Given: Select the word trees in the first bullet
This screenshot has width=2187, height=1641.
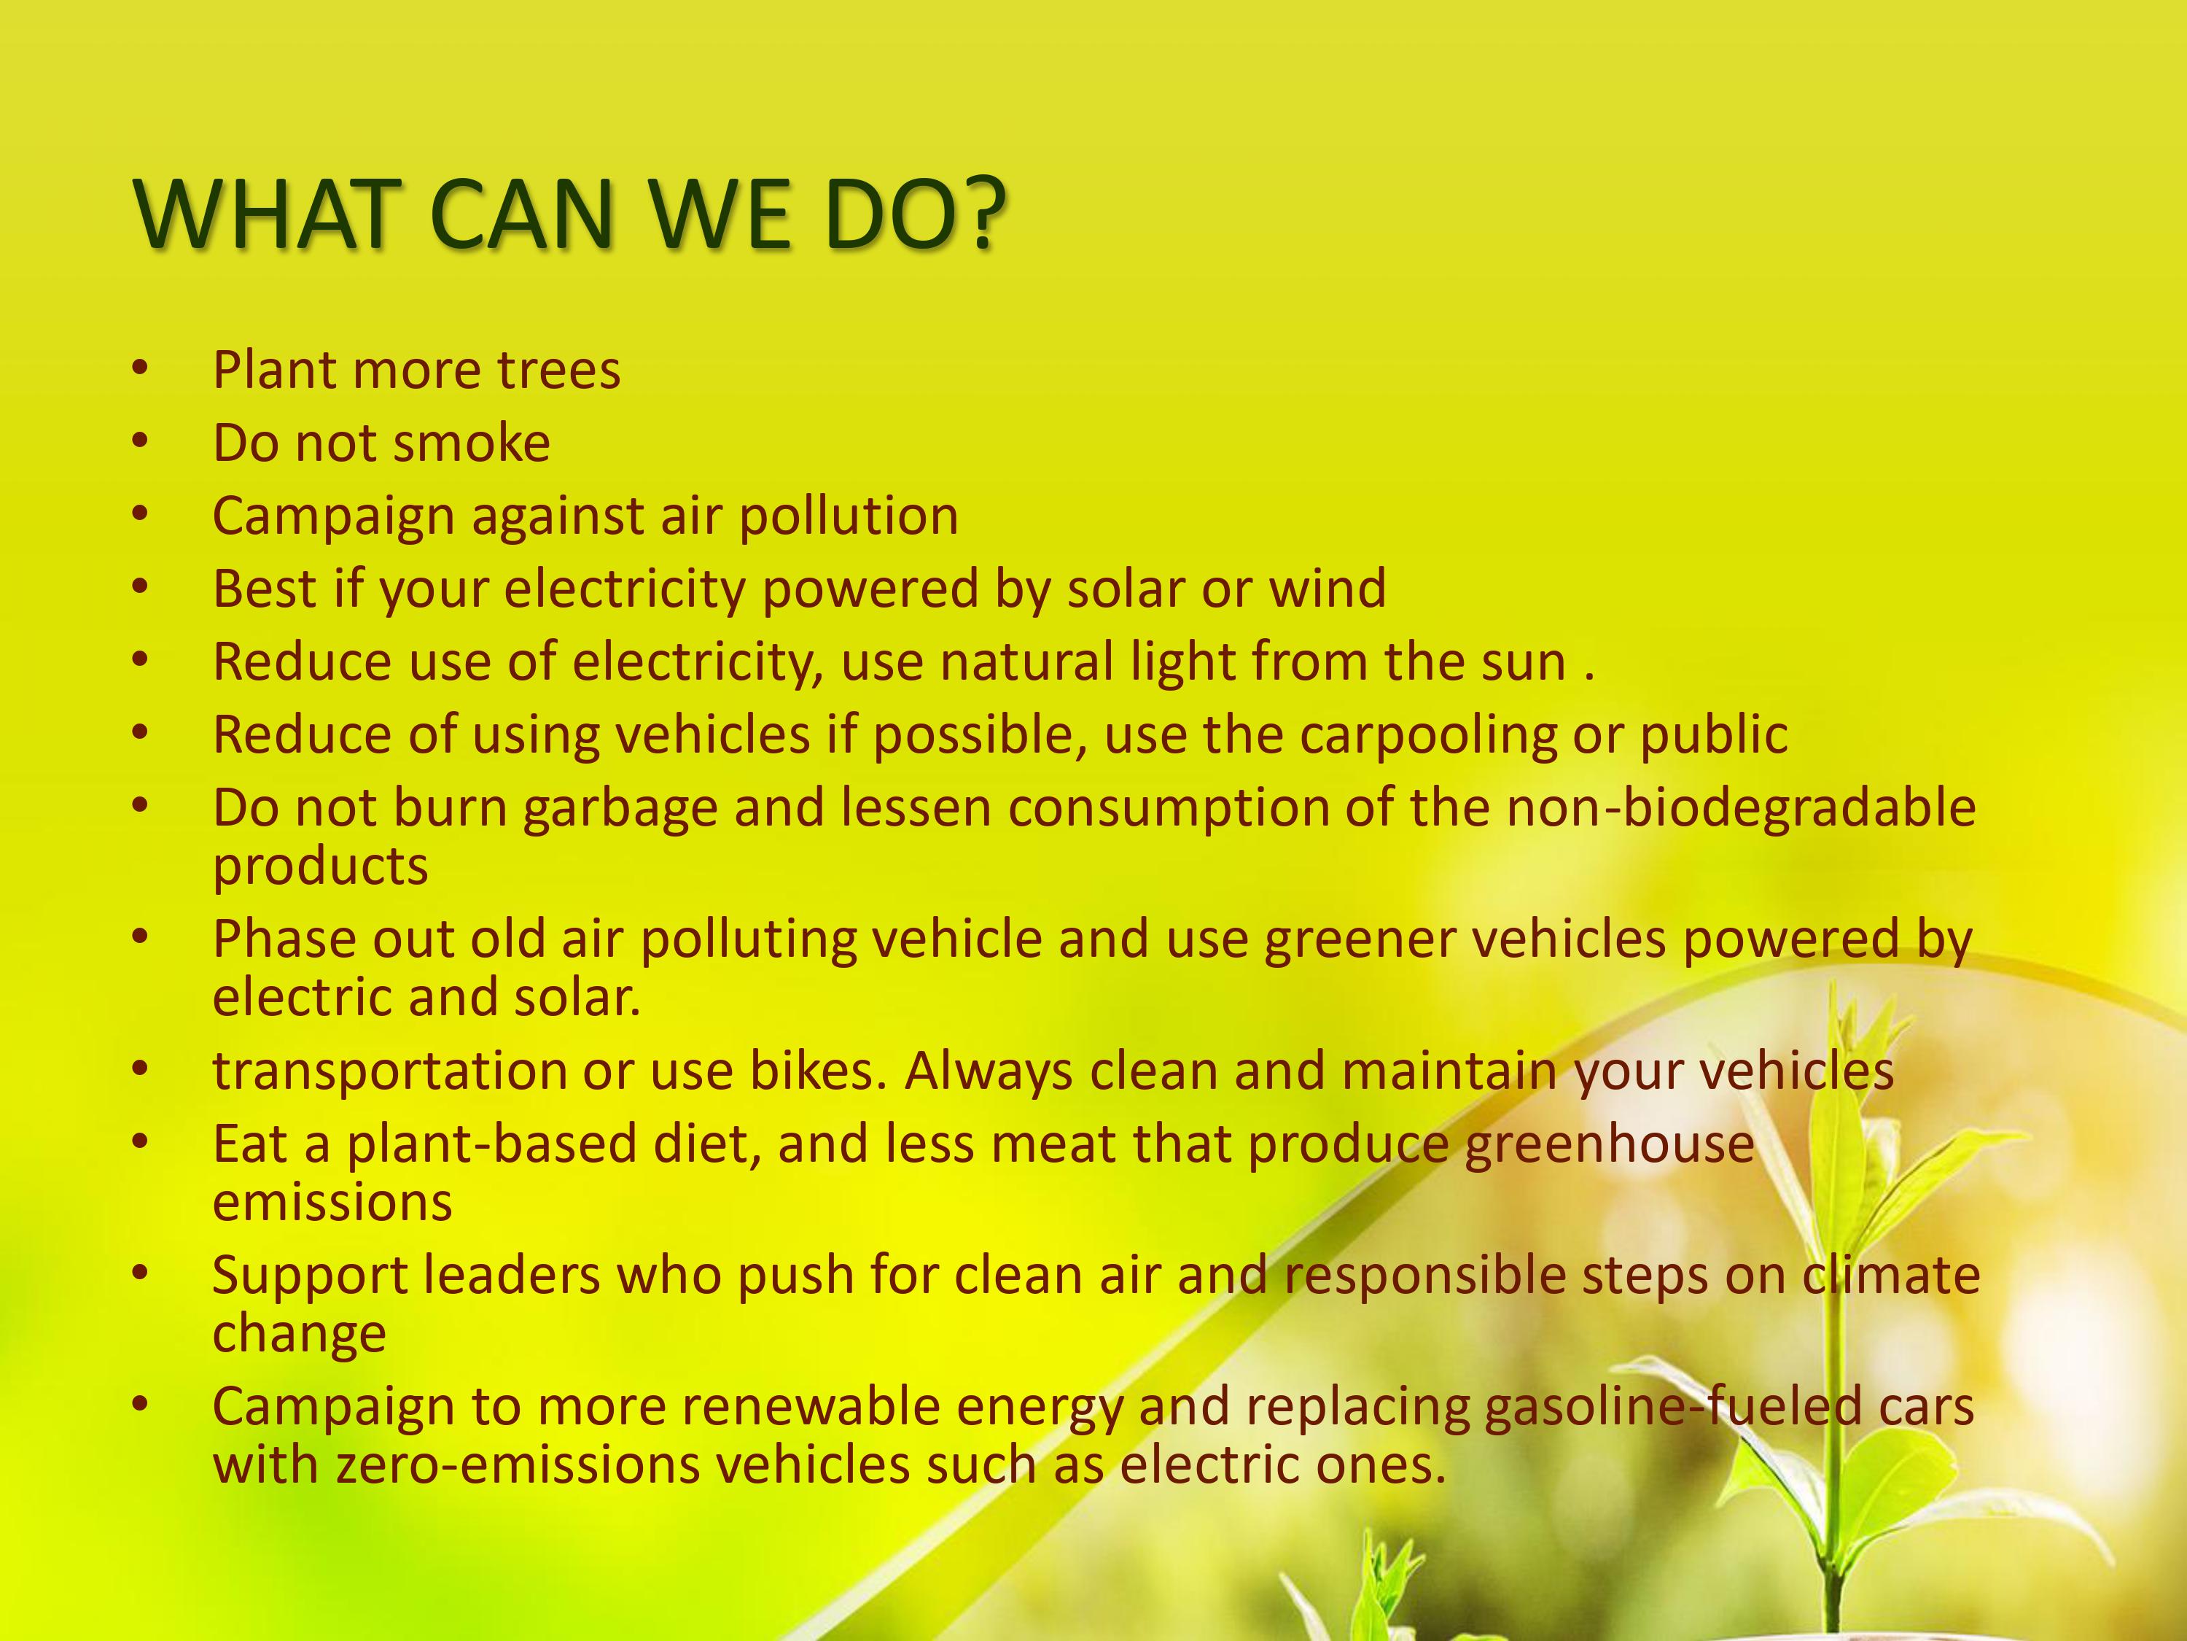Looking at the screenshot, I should tap(558, 371).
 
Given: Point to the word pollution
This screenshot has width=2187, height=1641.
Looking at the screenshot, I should tap(849, 516).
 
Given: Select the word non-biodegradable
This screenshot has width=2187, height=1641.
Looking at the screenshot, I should tap(1741, 807).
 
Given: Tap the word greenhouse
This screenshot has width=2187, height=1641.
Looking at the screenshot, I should tap(1609, 1144).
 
